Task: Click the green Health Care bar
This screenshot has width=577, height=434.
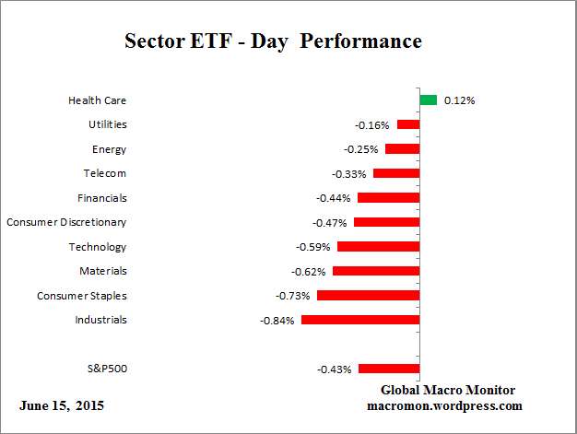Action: [x=428, y=100]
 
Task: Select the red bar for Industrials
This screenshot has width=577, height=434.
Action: [x=360, y=320]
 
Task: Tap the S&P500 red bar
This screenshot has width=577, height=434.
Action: [x=389, y=369]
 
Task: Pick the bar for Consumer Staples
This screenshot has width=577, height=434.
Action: [x=368, y=296]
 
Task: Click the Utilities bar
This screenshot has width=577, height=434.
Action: [x=408, y=124]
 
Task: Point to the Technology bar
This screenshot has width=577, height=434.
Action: [x=378, y=247]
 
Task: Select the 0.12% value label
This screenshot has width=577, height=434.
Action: [x=459, y=100]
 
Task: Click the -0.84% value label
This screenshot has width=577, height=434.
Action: [x=278, y=321]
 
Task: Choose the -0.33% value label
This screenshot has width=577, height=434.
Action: [x=349, y=174]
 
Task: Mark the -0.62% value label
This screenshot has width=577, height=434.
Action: [x=310, y=272]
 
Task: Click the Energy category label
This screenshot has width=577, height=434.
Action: [x=109, y=149]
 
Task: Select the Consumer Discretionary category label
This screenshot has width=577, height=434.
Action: [x=66, y=222]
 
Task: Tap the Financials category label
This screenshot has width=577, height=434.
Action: [x=102, y=198]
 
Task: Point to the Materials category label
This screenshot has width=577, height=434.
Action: [x=103, y=271]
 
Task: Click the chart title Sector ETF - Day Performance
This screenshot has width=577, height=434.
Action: [x=273, y=42]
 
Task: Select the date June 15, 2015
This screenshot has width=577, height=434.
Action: [x=61, y=405]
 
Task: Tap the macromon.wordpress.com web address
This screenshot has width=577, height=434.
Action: [x=445, y=405]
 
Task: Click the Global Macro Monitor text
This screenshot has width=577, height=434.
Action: [x=447, y=390]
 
